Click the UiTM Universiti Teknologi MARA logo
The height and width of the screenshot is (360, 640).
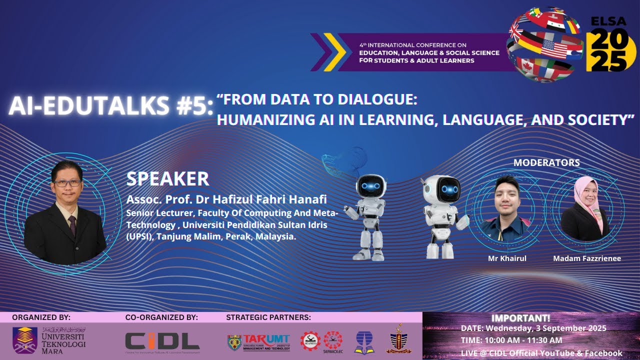pos(49,340)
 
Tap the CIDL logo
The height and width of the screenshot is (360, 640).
pos(162,341)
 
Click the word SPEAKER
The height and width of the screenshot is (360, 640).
pos(167,178)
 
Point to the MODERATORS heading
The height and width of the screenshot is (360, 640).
pos(546,162)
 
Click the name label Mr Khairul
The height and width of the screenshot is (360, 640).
pos(507,258)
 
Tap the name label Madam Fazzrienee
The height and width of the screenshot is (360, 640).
pos(586,258)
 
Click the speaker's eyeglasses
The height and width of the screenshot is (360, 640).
pos(67,183)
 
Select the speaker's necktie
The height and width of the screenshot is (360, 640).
pos(72,224)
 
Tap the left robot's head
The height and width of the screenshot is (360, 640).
pos(370,186)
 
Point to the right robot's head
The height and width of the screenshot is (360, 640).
pos(446,188)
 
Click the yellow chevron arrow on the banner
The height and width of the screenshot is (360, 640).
pos(334,51)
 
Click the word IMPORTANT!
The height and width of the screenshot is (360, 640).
pos(520,318)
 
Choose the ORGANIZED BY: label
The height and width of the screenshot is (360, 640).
pos(41,317)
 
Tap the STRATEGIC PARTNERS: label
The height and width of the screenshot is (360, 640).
pos(268,317)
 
